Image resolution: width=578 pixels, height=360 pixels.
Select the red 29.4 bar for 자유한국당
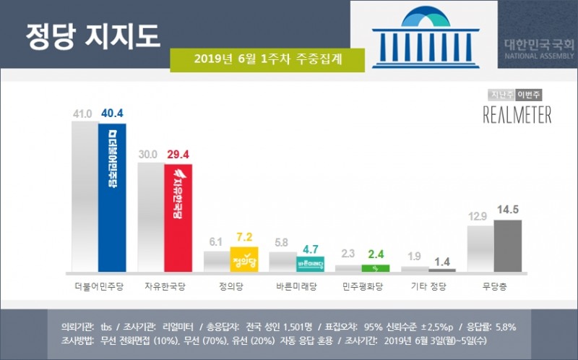click(178, 218)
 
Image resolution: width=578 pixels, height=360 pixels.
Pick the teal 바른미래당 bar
click(309, 264)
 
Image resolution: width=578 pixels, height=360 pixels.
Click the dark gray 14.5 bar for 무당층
click(507, 246)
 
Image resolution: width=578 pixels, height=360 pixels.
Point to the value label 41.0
click(84, 113)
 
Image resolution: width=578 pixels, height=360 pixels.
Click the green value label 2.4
click(375, 255)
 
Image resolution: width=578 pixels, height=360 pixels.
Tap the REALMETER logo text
click(517, 115)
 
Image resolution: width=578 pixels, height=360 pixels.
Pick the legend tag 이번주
click(534, 95)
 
